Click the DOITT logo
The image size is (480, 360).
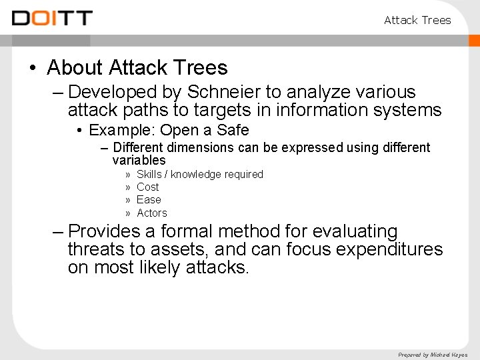pyautogui.click(x=52, y=19)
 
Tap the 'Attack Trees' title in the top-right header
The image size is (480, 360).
pyautogui.click(x=417, y=20)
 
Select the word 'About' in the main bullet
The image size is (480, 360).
pyautogui.click(x=75, y=67)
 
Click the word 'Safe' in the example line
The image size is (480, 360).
pyautogui.click(x=233, y=130)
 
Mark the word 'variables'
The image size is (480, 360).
pyautogui.click(x=139, y=160)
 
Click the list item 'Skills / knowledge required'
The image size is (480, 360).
pyautogui.click(x=199, y=174)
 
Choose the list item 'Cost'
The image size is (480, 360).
pyautogui.click(x=147, y=187)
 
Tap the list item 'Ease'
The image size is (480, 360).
pyautogui.click(x=149, y=199)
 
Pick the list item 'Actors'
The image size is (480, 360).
pyautogui.click(x=151, y=213)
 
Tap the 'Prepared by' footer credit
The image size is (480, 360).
pyautogui.click(x=433, y=355)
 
